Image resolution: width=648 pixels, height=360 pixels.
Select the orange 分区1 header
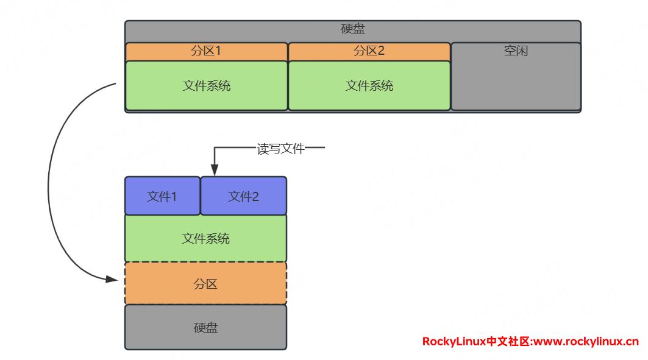[x=206, y=51]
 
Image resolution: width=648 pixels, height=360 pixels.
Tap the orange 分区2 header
[x=369, y=51]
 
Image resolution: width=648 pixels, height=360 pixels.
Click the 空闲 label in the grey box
[x=516, y=51]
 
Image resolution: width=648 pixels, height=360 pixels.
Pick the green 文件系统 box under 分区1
[x=206, y=86]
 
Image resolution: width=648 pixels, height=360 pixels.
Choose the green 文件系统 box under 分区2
[x=369, y=86]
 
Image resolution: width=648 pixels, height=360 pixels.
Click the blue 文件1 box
[x=162, y=197]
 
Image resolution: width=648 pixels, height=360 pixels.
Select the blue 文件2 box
[x=243, y=197]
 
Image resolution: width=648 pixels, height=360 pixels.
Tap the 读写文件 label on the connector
[x=280, y=149]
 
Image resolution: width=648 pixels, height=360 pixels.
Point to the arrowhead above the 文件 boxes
[x=214, y=171]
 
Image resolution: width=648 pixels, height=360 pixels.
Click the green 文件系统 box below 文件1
[x=205, y=238]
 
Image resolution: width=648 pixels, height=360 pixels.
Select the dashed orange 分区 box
[x=205, y=284]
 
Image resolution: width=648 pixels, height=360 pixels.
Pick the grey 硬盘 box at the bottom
[x=205, y=328]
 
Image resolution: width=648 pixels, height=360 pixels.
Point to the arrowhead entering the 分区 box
[x=112, y=279]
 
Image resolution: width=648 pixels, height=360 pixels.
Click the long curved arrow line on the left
[x=49, y=183]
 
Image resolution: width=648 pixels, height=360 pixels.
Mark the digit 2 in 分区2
[x=381, y=51]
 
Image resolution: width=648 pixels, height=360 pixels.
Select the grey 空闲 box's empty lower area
[x=516, y=85]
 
